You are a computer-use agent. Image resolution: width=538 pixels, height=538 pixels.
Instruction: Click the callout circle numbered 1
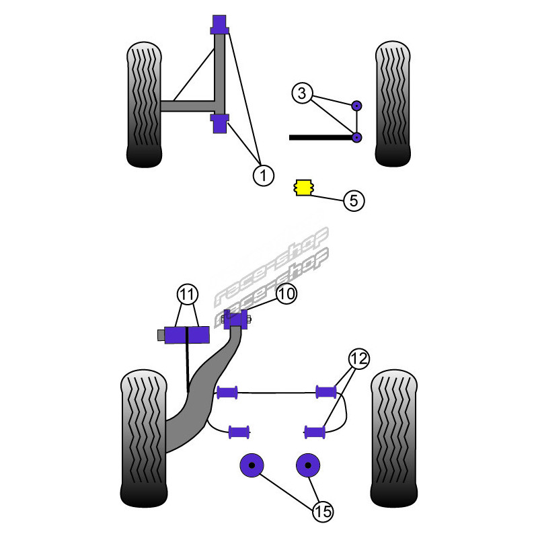click(x=263, y=176)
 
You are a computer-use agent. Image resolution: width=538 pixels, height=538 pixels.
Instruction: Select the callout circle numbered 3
click(x=302, y=93)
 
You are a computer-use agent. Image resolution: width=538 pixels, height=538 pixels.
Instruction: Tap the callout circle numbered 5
click(x=354, y=200)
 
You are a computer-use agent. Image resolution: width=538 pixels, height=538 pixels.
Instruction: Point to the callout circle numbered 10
click(x=285, y=293)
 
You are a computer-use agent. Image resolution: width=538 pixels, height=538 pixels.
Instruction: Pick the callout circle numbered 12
click(x=358, y=358)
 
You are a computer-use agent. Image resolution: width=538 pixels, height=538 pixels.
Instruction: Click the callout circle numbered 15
click(x=323, y=511)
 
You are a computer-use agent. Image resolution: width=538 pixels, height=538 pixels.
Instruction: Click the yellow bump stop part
click(x=305, y=188)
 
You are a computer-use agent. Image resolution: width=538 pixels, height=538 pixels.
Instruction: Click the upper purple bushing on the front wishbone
click(x=219, y=25)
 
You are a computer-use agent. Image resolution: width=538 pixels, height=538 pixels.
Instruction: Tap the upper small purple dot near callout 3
click(x=357, y=105)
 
